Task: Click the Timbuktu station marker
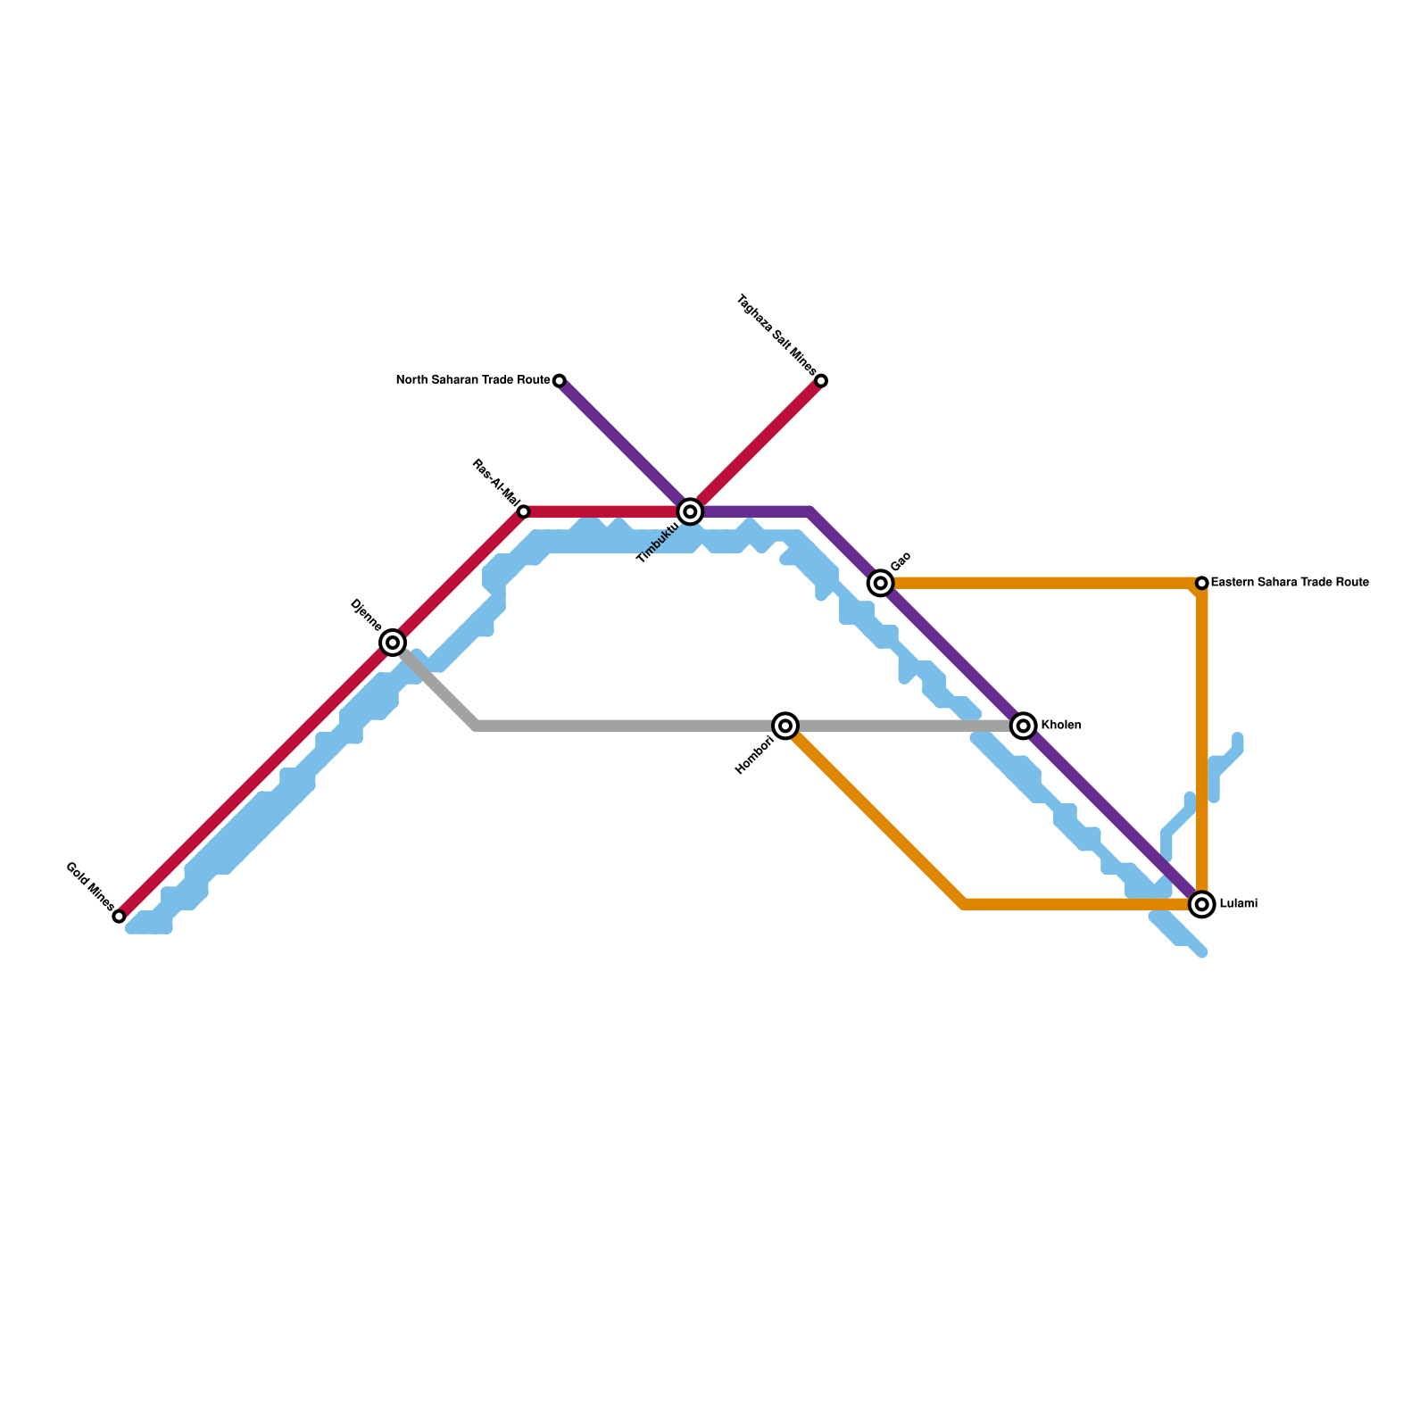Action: pyautogui.click(x=690, y=511)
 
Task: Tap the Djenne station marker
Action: pyautogui.click(x=393, y=643)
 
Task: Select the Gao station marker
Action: pyautogui.click(x=881, y=583)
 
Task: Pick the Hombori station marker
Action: pyautogui.click(x=785, y=726)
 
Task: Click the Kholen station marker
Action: pyautogui.click(x=1024, y=726)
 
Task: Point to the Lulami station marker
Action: pyautogui.click(x=1202, y=904)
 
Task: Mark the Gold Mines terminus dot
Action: pyautogui.click(x=119, y=917)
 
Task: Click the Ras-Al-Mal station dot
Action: pyautogui.click(x=524, y=511)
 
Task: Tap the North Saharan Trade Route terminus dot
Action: pyautogui.click(x=560, y=381)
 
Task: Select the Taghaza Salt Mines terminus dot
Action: pyautogui.click(x=821, y=381)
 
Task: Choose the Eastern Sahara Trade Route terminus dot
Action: pyautogui.click(x=1202, y=583)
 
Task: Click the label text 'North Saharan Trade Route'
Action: pyautogui.click(x=473, y=380)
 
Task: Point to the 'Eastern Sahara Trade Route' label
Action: pyautogui.click(x=1290, y=583)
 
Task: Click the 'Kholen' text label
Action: pyautogui.click(x=1061, y=726)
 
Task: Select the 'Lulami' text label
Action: pyautogui.click(x=1238, y=904)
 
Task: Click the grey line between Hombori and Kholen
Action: pyautogui.click(x=901, y=726)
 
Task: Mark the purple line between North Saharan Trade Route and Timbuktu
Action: pyautogui.click(x=625, y=446)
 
